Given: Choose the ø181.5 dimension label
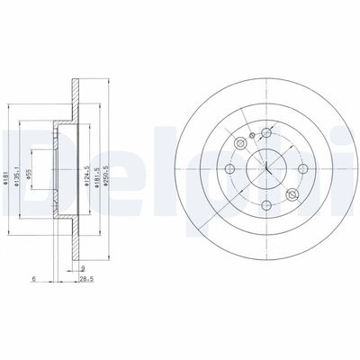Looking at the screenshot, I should [x=97, y=163].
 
